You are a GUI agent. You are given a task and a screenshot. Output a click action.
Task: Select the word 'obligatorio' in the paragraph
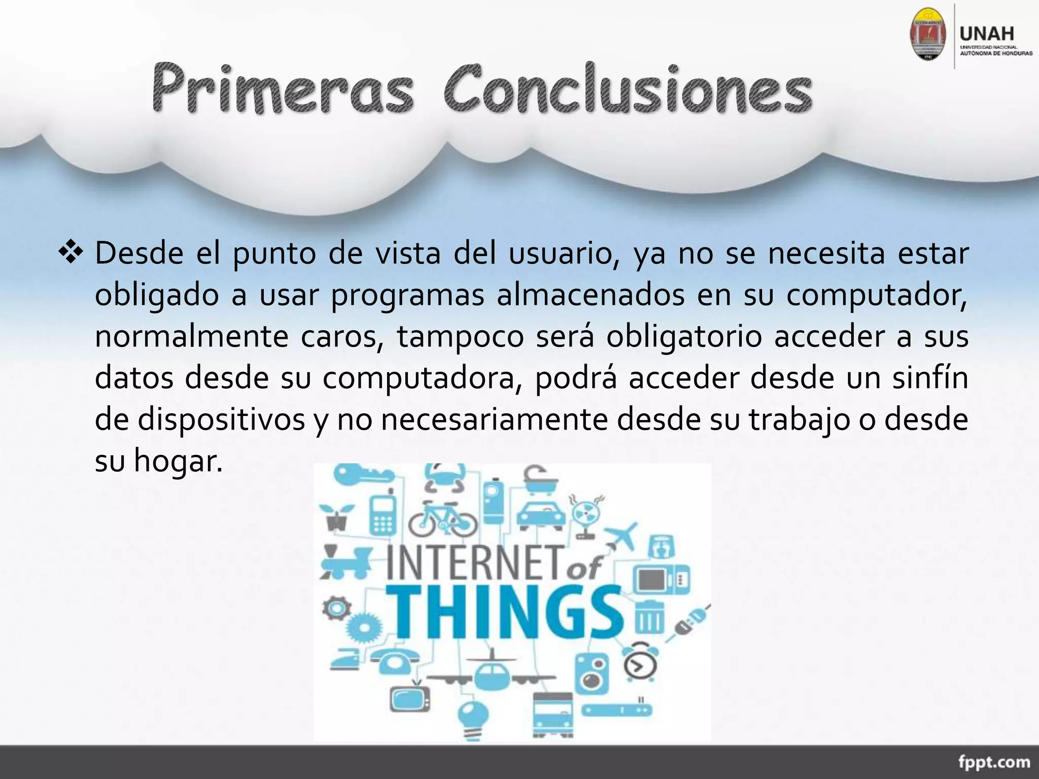tap(684, 337)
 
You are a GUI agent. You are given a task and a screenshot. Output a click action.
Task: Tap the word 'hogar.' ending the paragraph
tap(178, 462)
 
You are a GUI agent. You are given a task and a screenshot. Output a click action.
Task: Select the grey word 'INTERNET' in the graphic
tap(475, 562)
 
